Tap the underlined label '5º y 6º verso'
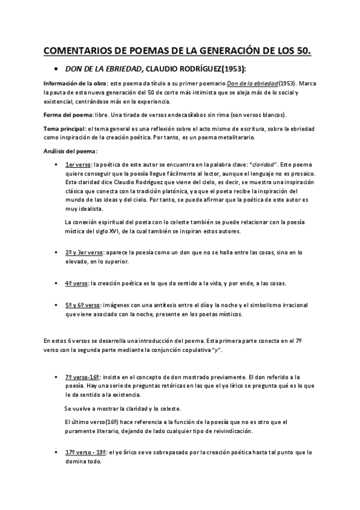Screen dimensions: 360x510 tap(83, 305)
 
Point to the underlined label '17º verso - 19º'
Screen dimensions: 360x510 tap(86, 451)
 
